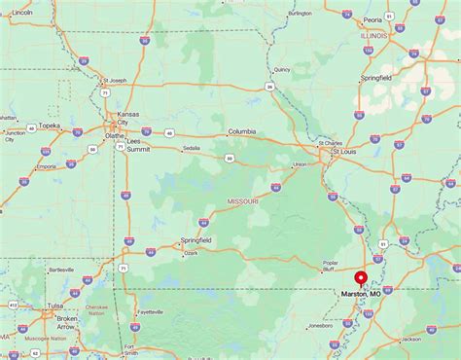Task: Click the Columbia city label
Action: [242, 131]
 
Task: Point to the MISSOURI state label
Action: [242, 201]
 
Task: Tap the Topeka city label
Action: [50, 126]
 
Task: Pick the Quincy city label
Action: [283, 69]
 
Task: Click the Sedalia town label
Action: [191, 149]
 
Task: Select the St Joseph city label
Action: [118, 80]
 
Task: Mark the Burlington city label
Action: [300, 13]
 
